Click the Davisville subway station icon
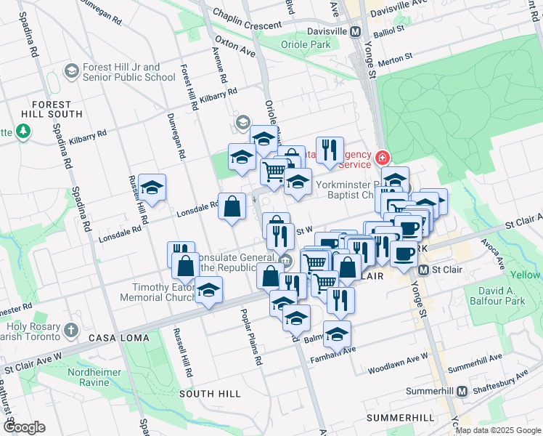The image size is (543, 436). point(355,32)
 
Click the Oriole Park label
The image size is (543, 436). point(305,44)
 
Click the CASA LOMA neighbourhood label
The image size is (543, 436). point(118,339)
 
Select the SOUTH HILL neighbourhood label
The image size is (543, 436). point(210,393)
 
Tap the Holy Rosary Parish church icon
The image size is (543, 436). point(70,330)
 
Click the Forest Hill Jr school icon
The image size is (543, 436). point(72,71)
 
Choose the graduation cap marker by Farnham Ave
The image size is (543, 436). point(338,335)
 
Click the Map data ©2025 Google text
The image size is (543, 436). point(498,430)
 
